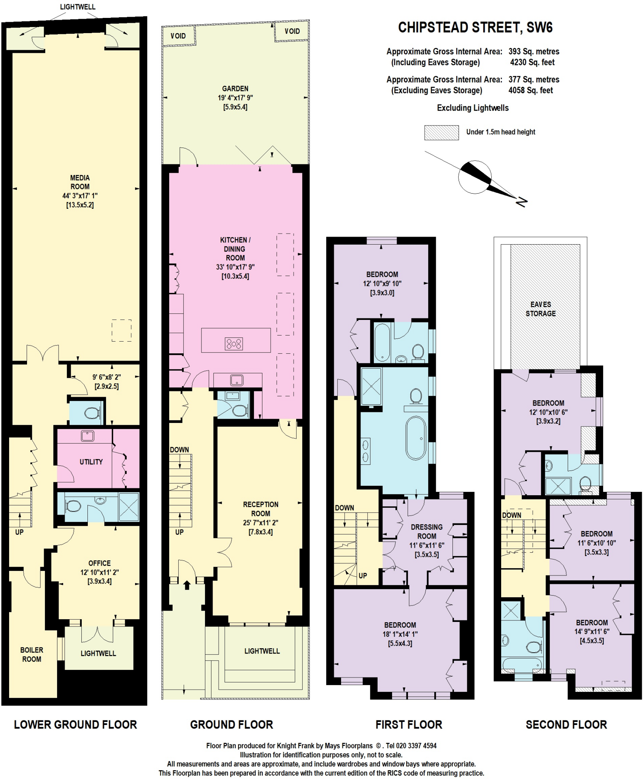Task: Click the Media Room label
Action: point(80,182)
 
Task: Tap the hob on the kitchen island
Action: point(234,344)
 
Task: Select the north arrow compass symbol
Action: point(475,177)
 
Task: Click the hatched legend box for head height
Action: point(441,133)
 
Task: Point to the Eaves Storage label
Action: point(540,309)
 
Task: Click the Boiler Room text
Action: point(32,655)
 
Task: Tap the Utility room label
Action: point(91,462)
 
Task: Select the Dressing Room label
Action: point(427,531)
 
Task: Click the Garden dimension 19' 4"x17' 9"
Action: point(235,98)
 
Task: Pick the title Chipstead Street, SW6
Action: point(475,28)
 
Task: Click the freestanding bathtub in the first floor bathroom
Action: point(416,438)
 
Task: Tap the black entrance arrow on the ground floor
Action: point(187,585)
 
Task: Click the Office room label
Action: point(100,563)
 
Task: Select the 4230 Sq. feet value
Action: point(532,62)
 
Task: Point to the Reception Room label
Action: point(260,509)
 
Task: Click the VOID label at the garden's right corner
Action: point(292,31)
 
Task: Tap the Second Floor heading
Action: point(566,725)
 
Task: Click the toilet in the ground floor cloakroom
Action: point(239,410)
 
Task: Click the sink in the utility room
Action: point(88,436)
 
